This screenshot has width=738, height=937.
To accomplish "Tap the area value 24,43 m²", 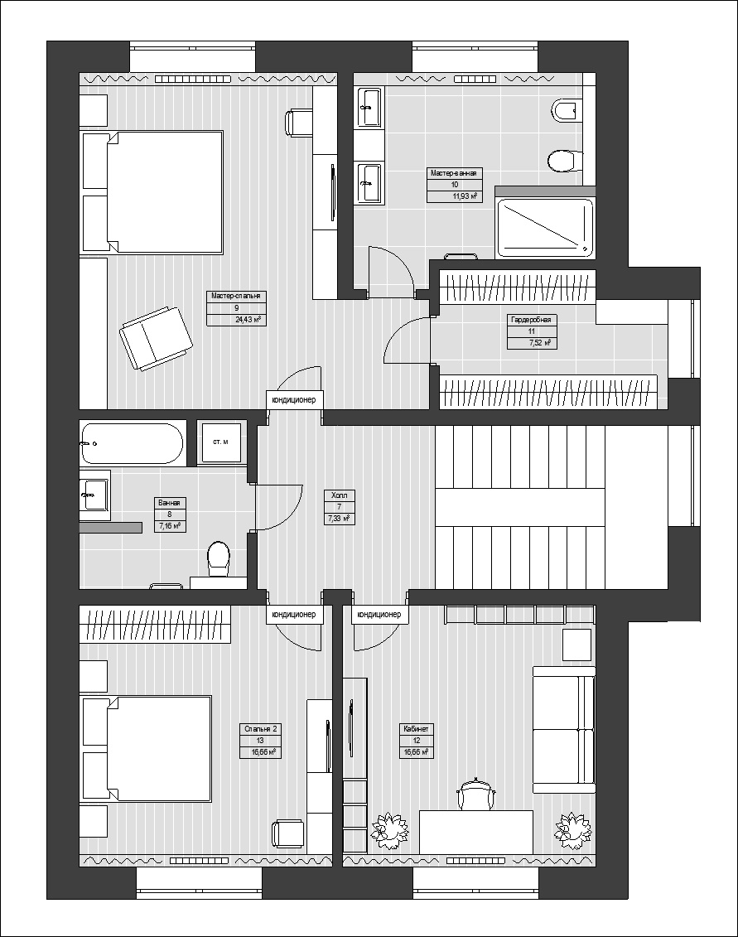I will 248,319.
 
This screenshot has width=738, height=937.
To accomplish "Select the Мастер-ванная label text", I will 454,174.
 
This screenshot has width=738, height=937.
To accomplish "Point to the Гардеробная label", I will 529,320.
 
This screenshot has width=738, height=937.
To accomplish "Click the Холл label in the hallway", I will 339,495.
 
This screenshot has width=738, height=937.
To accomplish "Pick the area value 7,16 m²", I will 169,525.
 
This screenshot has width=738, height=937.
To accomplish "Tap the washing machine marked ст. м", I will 220,442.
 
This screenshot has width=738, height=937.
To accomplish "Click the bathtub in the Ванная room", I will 133,444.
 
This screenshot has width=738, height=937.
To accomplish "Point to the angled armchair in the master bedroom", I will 156,337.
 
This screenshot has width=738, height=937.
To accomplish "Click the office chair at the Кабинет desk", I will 475,795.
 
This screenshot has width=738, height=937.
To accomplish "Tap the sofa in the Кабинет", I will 563,729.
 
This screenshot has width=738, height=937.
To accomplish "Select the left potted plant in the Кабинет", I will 390,828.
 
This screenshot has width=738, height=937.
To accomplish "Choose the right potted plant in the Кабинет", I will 572,828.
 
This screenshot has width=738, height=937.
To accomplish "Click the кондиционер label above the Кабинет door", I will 379,615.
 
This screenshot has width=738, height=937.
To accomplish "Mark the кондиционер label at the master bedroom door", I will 293,400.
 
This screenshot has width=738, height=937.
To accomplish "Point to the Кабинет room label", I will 416,729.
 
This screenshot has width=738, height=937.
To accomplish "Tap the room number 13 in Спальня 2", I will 259,741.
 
